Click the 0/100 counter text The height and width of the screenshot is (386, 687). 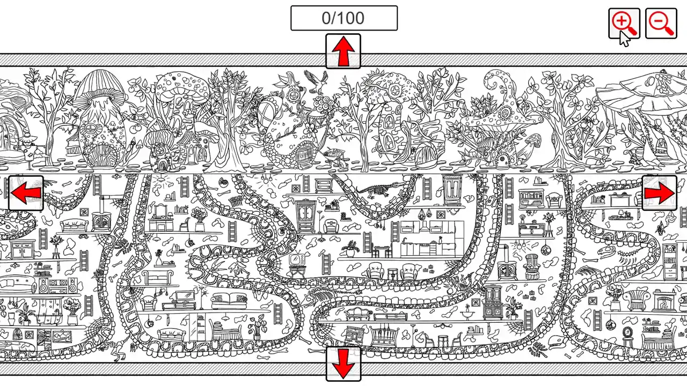pyautogui.click(x=343, y=18)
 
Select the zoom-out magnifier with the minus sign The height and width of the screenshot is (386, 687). pyautogui.click(x=661, y=24)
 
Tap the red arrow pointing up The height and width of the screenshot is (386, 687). pyautogui.click(x=343, y=51)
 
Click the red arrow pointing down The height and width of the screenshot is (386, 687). pyautogui.click(x=343, y=363)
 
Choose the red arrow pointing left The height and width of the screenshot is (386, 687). pyautogui.click(x=26, y=192)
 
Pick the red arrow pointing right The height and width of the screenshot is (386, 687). pyautogui.click(x=660, y=192)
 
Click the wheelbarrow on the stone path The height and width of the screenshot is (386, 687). pyautogui.click(x=334, y=156)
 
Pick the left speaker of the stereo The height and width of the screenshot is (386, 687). pyautogui.click(x=43, y=286)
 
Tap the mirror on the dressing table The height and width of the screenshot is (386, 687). pyautogui.click(x=160, y=211)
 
